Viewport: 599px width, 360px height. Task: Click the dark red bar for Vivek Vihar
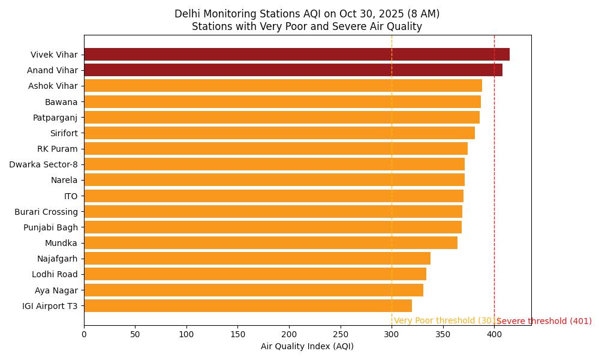tap(296, 55)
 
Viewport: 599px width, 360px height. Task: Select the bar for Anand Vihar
tap(293, 70)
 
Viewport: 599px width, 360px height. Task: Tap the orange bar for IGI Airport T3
tap(248, 306)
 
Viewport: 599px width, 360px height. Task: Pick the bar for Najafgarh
tap(257, 259)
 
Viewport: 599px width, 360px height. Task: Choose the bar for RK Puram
tap(275, 149)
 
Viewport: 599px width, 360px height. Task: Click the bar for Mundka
tap(270, 243)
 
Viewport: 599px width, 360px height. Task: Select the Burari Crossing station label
tap(46, 212)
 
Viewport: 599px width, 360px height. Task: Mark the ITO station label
tap(71, 196)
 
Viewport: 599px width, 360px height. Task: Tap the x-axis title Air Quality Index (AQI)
tap(307, 347)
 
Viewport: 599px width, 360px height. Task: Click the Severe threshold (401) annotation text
tap(544, 322)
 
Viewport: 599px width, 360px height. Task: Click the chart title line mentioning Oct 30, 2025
tap(307, 14)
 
